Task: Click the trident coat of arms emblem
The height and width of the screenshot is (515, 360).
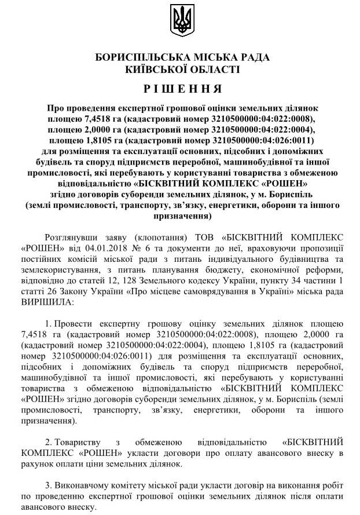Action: pyautogui.click(x=180, y=21)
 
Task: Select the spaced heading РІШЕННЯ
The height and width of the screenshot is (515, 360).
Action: pyautogui.click(x=180, y=90)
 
